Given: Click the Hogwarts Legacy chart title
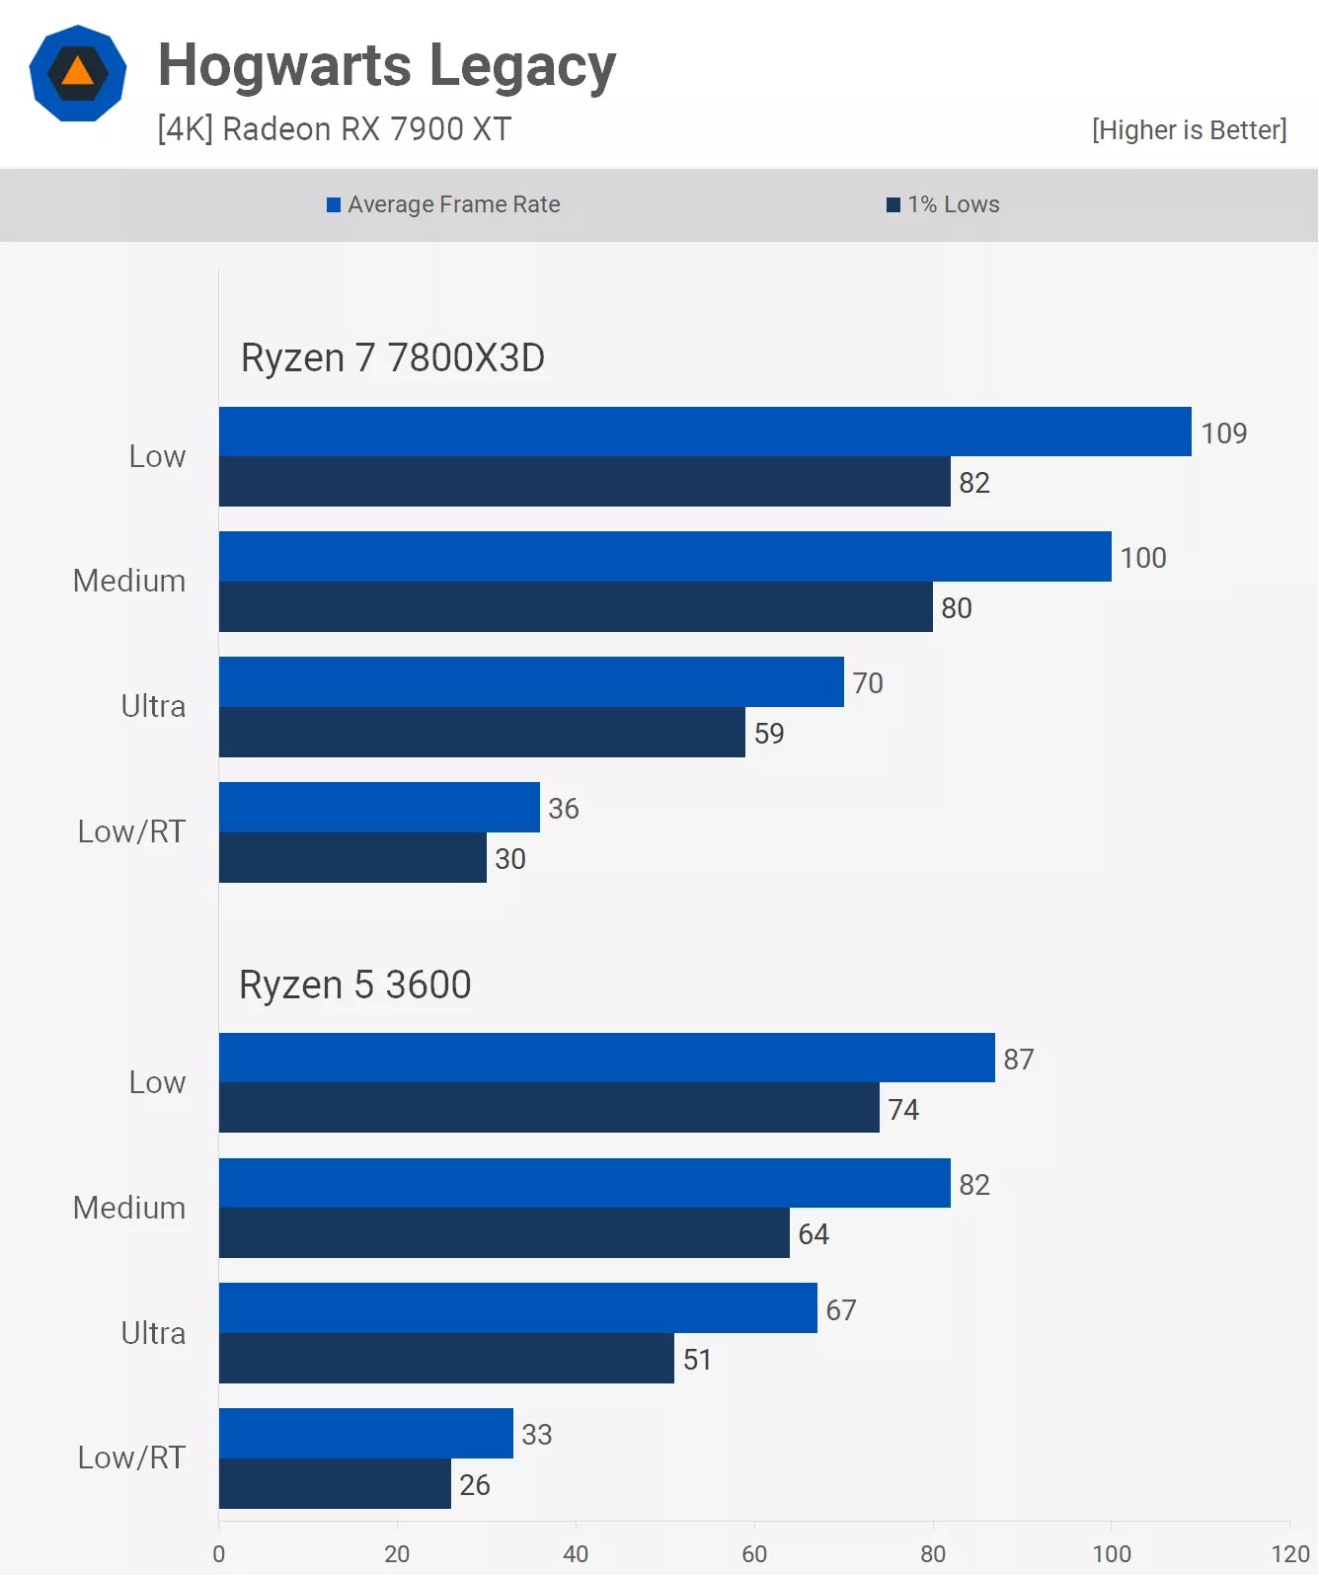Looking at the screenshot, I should tap(387, 66).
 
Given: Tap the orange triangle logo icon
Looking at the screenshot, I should tap(78, 73).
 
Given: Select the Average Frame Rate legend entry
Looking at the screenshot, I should tap(443, 204).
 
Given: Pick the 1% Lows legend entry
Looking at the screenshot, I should tap(943, 204).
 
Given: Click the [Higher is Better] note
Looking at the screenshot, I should tap(1189, 130).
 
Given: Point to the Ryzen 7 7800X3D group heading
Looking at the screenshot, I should tap(393, 357).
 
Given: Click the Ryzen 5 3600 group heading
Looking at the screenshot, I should tap(355, 985).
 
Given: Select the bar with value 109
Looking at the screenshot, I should tap(705, 432).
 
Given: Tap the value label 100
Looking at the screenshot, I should tap(1143, 558).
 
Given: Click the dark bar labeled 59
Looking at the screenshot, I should tap(482, 733).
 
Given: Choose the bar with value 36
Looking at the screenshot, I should tap(379, 808).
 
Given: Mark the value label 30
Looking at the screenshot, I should tap(510, 859).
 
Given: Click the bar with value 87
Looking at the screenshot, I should tap(606, 1058).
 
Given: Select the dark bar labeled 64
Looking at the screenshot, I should tap(504, 1233).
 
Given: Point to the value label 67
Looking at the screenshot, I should tap(841, 1310).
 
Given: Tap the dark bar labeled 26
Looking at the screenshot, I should tap(335, 1484).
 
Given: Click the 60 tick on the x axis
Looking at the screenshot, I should tap(754, 1554).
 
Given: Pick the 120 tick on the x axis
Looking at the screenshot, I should tap(1289, 1554).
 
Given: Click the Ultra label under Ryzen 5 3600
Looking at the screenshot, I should tap(153, 1333).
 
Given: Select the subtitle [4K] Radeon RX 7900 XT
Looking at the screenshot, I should tap(335, 129).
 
